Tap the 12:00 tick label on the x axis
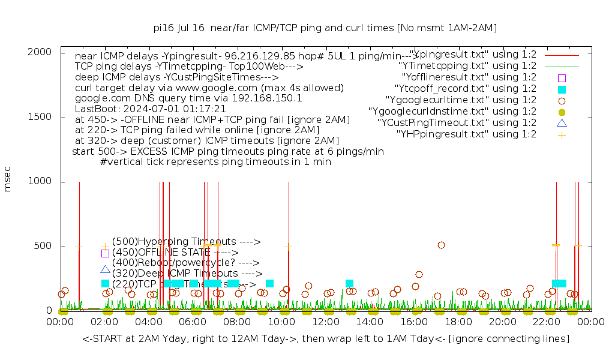click(326, 322)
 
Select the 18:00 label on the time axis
click(459, 322)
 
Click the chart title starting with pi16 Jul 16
click(325, 28)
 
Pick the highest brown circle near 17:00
click(441, 245)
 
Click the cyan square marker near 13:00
click(349, 283)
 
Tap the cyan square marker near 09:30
click(269, 283)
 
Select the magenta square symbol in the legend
click(562, 78)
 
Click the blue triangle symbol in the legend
click(562, 123)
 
